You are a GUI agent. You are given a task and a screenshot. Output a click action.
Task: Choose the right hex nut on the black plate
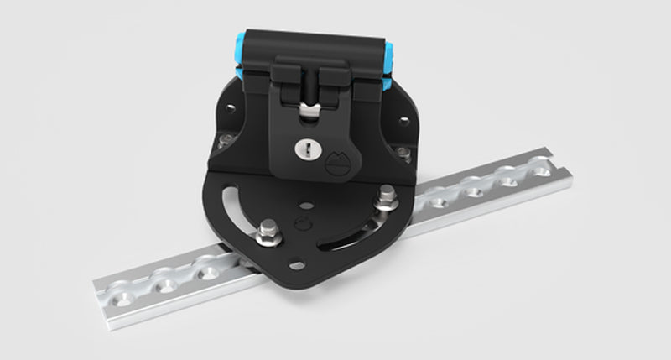tap(387, 199)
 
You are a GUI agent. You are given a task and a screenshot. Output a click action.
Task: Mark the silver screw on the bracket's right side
tap(403, 152)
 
